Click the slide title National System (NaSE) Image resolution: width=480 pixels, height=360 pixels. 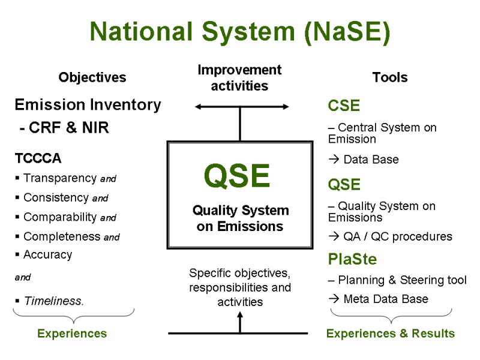[240, 32]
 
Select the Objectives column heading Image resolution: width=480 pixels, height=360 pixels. [92, 77]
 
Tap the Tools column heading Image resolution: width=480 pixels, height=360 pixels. [389, 77]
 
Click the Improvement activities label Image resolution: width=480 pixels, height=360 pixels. [239, 78]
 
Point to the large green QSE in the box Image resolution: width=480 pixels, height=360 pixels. [237, 176]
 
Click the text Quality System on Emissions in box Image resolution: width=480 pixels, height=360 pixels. [240, 218]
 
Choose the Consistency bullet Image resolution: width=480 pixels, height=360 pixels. [65, 197]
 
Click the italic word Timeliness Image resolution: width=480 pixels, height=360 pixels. [53, 301]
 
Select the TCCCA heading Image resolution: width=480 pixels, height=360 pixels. [38, 159]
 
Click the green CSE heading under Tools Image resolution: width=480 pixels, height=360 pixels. [344, 106]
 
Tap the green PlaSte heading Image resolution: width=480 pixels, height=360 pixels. [352, 260]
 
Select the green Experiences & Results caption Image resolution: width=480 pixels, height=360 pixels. [391, 334]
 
